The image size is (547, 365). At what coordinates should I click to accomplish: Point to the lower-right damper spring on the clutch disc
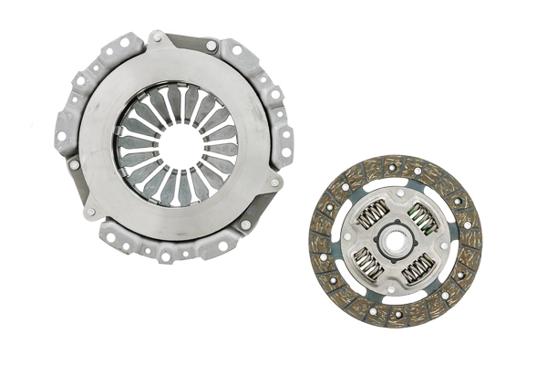(x=418, y=268)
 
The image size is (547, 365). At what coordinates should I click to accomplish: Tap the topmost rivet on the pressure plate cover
(x=157, y=37)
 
